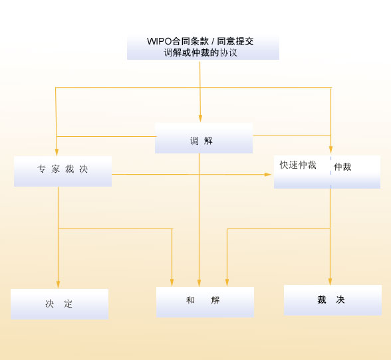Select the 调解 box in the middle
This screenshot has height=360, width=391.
(203, 138)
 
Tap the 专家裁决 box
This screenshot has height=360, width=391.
(63, 171)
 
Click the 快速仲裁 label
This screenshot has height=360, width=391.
(298, 165)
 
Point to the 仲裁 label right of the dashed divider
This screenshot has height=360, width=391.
(342, 167)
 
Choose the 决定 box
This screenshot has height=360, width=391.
(59, 304)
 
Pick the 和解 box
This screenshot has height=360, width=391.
(205, 302)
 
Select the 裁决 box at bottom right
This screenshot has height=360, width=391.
(332, 300)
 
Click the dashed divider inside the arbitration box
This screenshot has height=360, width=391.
(331, 172)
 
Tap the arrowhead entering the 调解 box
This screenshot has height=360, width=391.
(200, 119)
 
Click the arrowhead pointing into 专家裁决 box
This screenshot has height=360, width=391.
(57, 152)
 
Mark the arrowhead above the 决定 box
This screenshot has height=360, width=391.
(58, 284)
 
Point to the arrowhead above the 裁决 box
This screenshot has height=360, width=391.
(330, 282)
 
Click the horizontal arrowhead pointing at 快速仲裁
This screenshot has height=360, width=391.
(268, 175)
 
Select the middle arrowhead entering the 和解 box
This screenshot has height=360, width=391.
(199, 283)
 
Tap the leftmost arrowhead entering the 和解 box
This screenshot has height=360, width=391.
(172, 283)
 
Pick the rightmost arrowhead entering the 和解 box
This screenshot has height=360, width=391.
(227, 283)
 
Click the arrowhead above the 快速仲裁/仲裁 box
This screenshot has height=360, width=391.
(330, 149)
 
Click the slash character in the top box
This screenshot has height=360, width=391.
(213, 41)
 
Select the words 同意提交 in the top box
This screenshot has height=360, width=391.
(235, 41)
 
